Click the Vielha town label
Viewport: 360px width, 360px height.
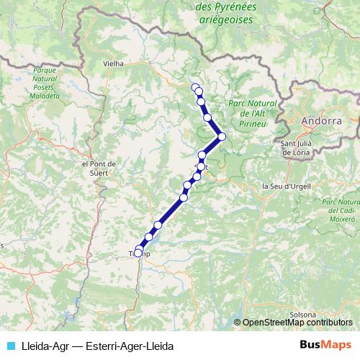114,63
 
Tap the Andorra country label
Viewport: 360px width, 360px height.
322,121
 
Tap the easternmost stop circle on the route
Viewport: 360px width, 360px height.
222,136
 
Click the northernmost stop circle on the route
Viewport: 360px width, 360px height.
195,87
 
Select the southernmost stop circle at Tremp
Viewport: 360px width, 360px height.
138,253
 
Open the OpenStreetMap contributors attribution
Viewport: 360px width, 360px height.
297,323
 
